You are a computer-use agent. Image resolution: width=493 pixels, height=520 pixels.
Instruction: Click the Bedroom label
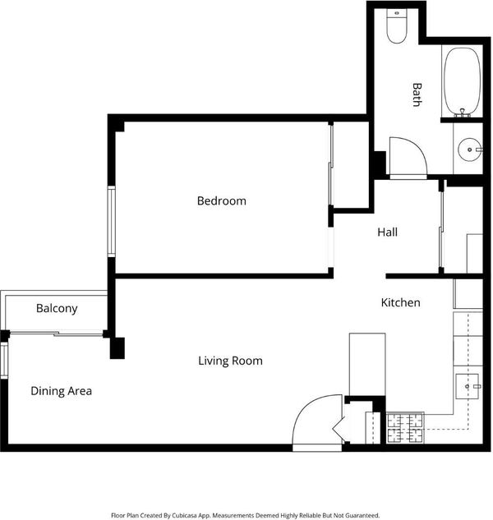(222, 201)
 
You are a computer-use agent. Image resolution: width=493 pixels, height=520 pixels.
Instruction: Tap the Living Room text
(230, 361)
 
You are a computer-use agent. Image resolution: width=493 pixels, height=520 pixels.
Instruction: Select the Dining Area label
(61, 391)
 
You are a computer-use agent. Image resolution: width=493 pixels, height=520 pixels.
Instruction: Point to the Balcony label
(57, 308)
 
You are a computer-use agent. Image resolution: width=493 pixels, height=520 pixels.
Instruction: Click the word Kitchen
(400, 302)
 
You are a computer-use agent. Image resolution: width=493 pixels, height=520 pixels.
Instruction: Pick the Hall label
(387, 232)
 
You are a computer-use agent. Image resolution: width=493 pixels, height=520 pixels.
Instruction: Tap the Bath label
(417, 94)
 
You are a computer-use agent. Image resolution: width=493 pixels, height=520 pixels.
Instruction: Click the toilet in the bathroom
(397, 26)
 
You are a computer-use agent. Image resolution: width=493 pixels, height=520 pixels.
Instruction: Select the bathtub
(462, 81)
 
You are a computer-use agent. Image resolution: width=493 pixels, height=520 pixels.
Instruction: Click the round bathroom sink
(469, 150)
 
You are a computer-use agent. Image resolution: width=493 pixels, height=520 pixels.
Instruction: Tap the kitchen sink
(468, 386)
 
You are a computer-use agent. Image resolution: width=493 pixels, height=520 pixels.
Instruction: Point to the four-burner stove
(405, 428)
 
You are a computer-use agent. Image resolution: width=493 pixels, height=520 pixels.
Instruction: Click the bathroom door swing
(408, 156)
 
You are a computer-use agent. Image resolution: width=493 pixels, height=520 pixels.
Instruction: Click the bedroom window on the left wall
(112, 222)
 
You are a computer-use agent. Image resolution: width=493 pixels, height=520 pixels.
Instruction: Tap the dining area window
(4, 361)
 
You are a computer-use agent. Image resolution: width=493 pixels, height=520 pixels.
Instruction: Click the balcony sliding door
(57, 334)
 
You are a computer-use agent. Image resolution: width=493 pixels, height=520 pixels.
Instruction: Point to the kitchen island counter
(367, 365)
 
